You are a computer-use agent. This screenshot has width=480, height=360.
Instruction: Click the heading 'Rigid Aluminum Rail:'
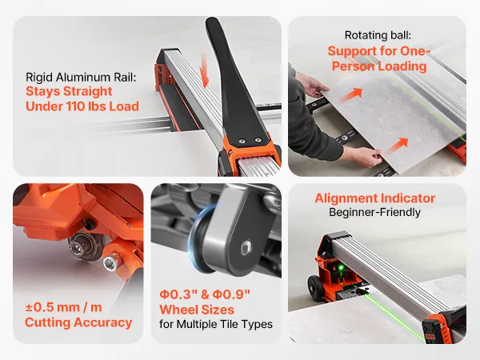click(x=81, y=77)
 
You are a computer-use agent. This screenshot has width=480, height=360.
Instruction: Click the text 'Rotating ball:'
click(x=378, y=35)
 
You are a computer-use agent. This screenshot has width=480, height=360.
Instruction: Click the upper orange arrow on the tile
click(x=351, y=94)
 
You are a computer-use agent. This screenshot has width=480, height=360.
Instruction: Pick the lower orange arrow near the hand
click(x=398, y=146)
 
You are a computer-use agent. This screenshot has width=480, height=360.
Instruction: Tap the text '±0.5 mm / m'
click(x=64, y=307)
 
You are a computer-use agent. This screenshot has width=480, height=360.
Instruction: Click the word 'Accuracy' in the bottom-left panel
click(x=103, y=322)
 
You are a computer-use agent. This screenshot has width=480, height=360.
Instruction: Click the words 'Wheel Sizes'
click(x=197, y=310)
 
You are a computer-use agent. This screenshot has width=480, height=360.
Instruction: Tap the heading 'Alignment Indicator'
click(x=375, y=198)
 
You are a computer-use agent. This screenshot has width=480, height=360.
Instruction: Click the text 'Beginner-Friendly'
click(x=374, y=212)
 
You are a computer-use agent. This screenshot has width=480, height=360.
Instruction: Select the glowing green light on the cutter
click(x=340, y=269)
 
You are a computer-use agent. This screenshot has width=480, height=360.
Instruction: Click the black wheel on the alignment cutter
click(x=315, y=287)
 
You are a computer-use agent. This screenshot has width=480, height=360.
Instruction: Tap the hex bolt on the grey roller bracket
click(x=246, y=248)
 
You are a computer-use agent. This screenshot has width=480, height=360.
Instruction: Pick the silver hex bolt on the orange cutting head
click(x=110, y=263)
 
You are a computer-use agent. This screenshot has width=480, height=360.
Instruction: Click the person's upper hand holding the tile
click(x=312, y=85)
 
